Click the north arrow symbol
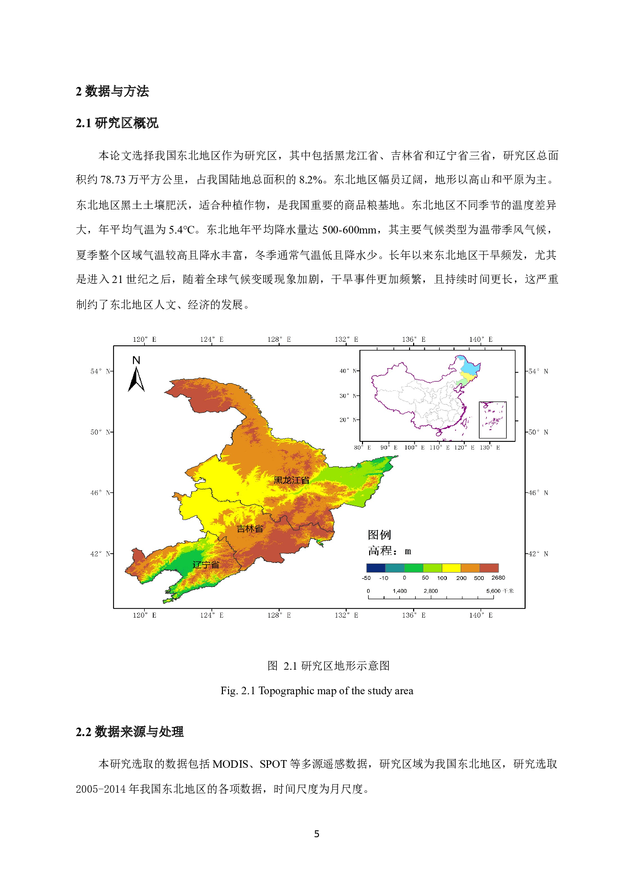[x=136, y=375]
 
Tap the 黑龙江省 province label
[x=291, y=480]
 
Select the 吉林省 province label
[x=250, y=529]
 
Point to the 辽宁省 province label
[x=206, y=564]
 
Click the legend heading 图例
[x=379, y=535]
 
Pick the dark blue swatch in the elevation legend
[x=376, y=568]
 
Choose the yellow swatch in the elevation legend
[x=451, y=568]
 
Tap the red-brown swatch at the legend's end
[x=489, y=568]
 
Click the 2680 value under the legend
[x=498, y=578]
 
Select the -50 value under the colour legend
[x=366, y=578]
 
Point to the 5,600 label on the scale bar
[x=493, y=591]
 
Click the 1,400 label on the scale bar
[x=400, y=591]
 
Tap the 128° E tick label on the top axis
[x=279, y=339]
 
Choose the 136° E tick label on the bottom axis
[x=414, y=615]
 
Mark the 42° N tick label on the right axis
[x=538, y=554]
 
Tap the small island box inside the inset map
[x=492, y=420]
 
